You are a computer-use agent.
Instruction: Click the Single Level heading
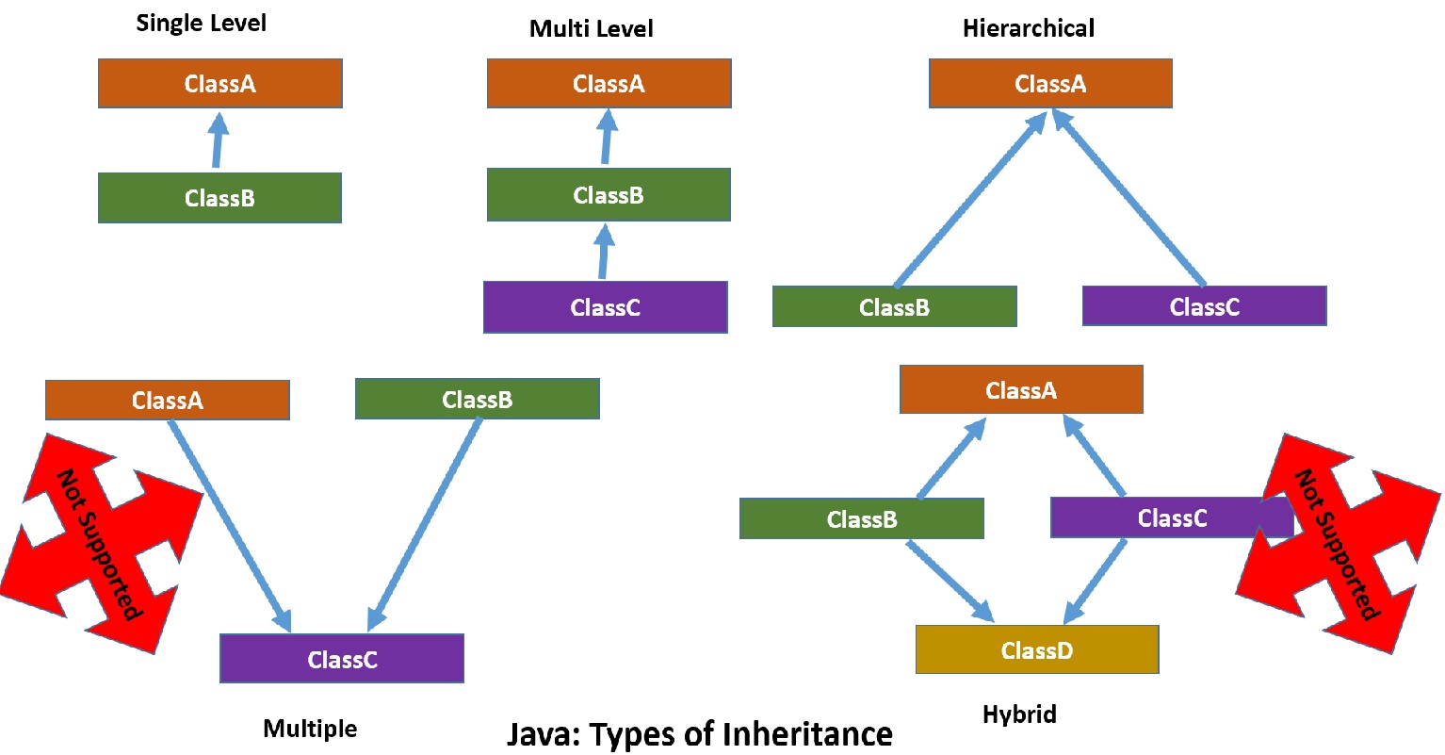point(201,24)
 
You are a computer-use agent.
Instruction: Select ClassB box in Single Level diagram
point(219,198)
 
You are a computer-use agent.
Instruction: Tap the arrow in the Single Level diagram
point(218,140)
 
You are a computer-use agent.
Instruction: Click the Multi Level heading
point(591,29)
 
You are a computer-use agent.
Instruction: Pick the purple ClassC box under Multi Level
point(605,307)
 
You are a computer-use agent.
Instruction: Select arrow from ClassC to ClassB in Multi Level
point(604,251)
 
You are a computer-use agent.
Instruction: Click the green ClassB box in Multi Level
point(609,195)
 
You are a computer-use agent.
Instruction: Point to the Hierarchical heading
point(1028,29)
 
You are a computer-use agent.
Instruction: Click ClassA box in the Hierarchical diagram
point(1050,84)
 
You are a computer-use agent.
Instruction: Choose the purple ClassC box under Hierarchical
point(1204,307)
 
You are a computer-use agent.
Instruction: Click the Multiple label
point(310,729)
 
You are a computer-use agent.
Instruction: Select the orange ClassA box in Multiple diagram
point(167,401)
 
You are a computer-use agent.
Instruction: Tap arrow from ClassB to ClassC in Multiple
point(425,524)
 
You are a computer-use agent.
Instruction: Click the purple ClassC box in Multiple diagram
point(341,660)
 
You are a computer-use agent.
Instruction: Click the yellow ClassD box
point(1036,650)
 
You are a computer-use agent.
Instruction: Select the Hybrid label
point(1019,714)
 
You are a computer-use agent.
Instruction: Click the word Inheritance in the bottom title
point(809,734)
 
